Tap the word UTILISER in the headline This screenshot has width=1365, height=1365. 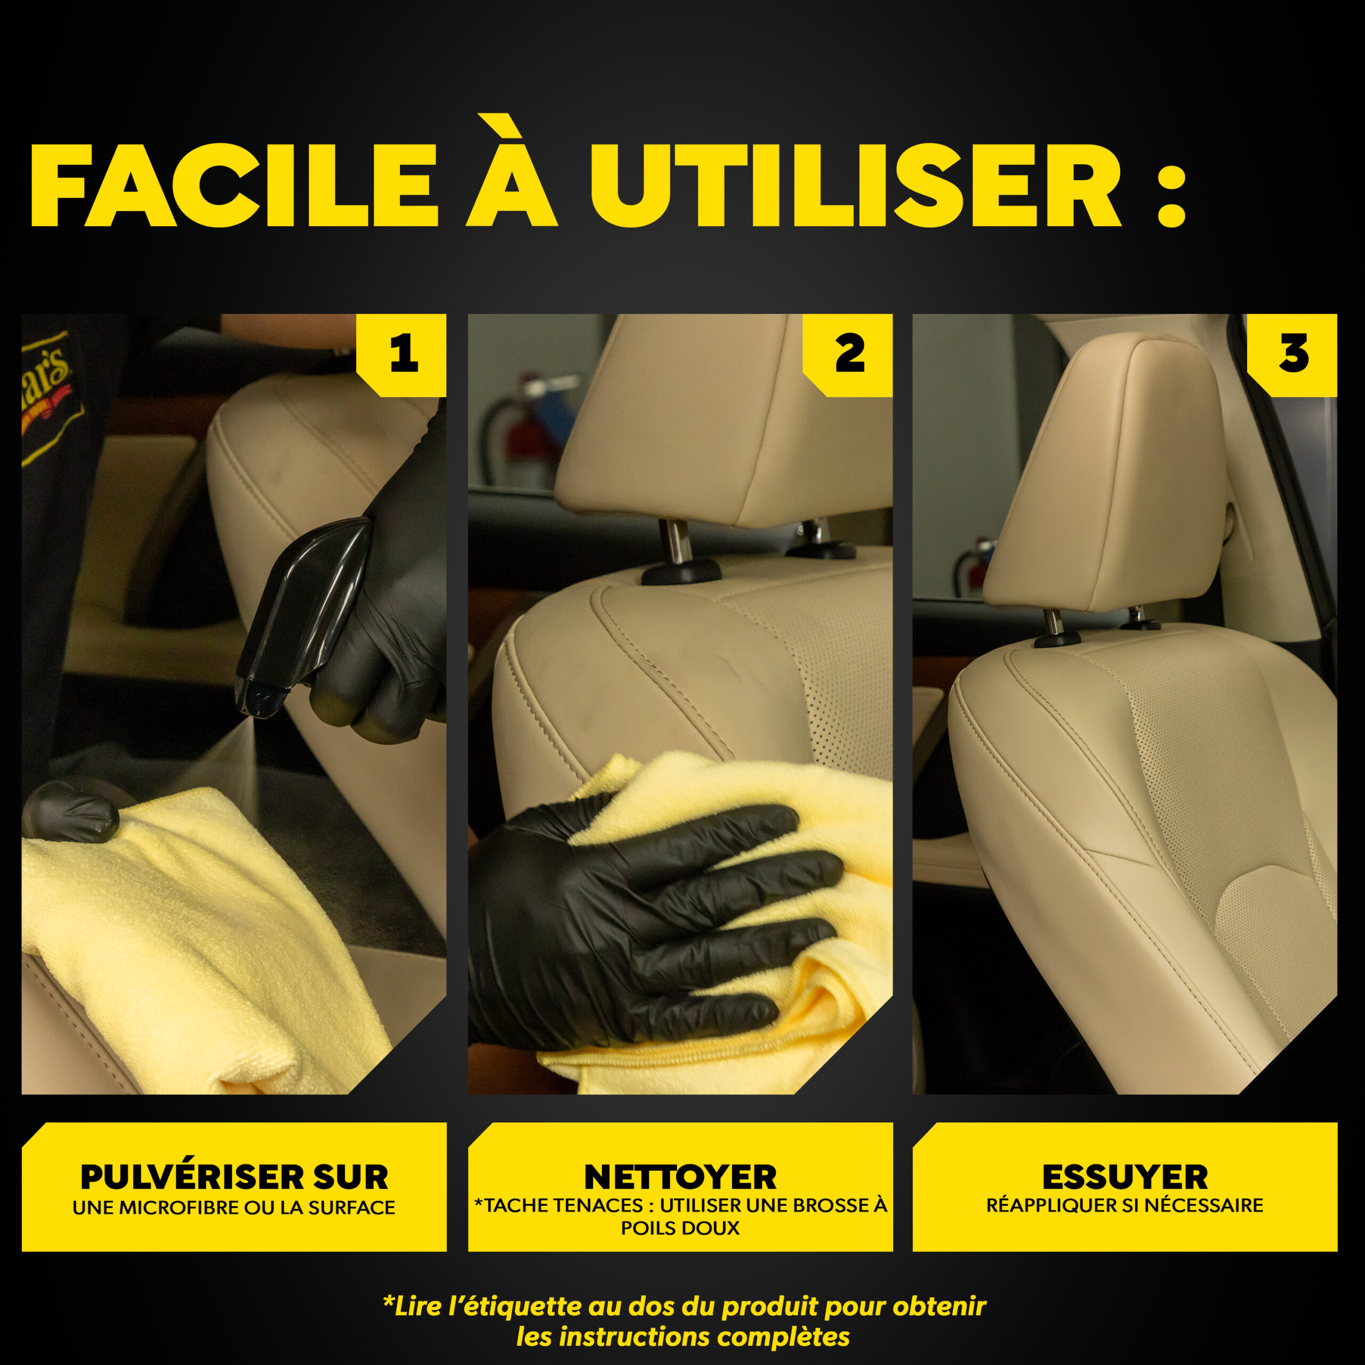click(856, 186)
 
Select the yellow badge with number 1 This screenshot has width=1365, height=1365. click(402, 355)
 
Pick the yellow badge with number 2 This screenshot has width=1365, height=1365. click(848, 355)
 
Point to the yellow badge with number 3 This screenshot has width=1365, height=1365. click(1292, 355)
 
